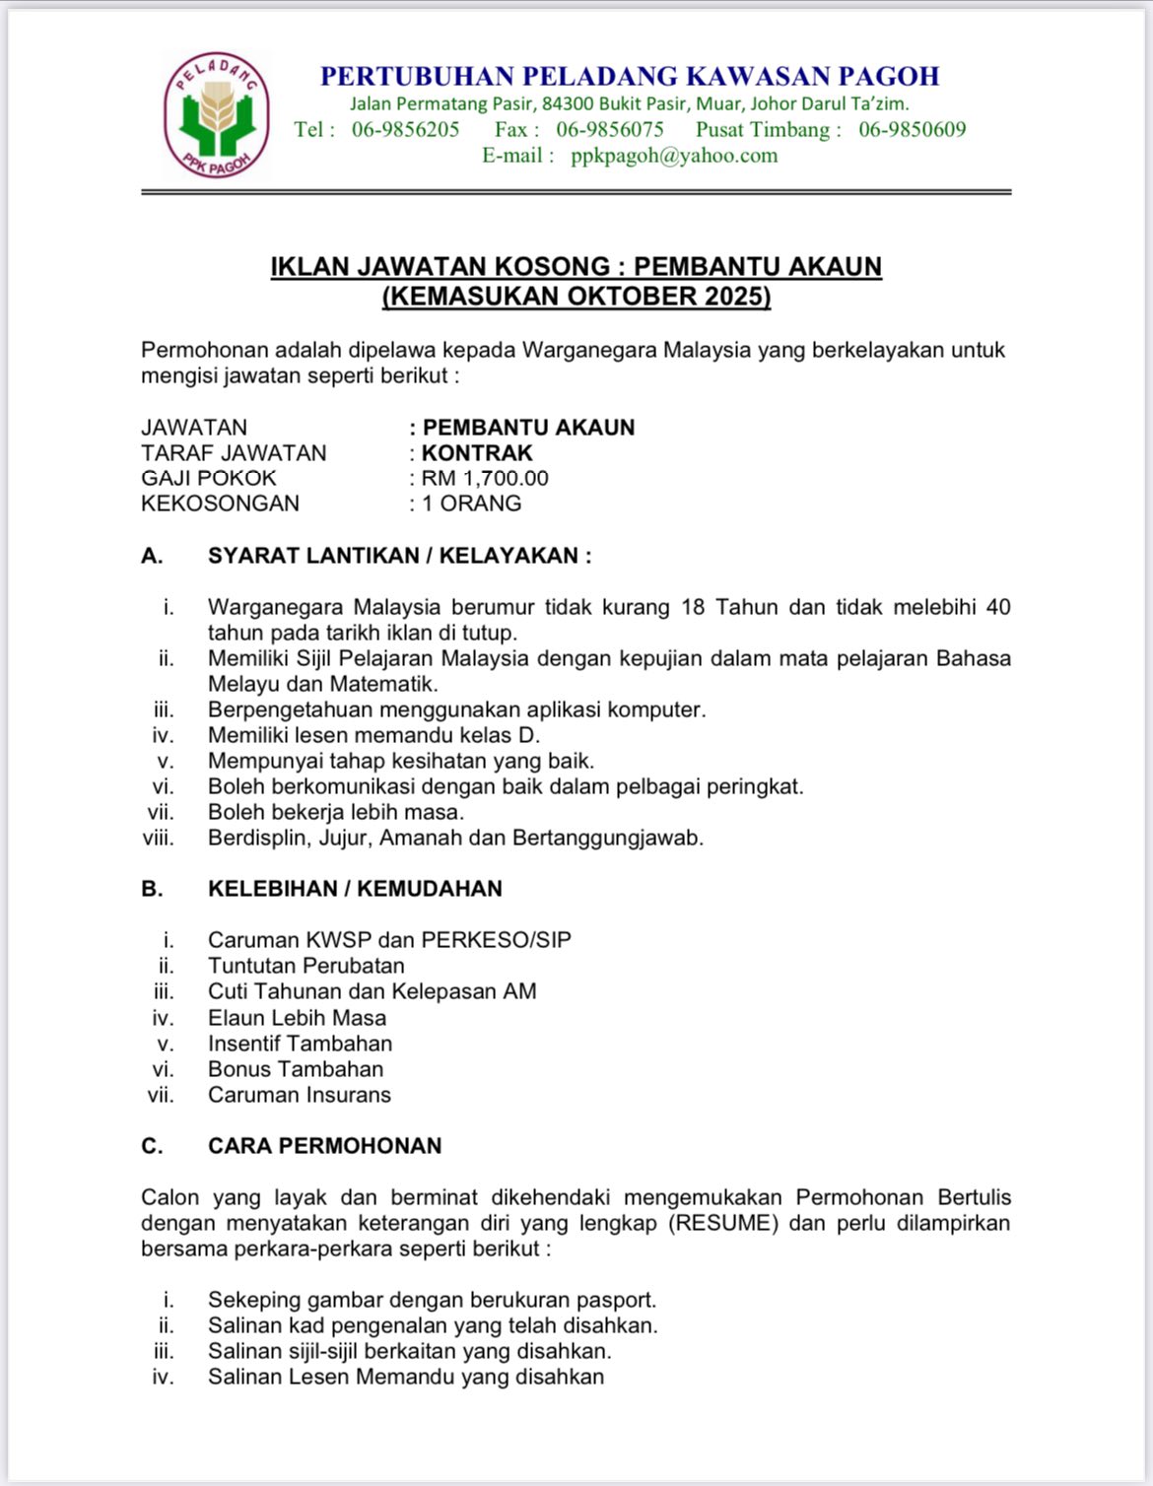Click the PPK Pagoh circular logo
[216, 115]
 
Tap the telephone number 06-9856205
[405, 130]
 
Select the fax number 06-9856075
[610, 130]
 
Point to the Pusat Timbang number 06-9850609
[912, 130]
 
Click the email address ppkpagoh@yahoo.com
[674, 156]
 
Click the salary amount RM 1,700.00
[485, 479]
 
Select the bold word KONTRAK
[477, 453]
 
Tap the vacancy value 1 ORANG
[472, 504]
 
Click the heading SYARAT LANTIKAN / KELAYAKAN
[399, 556]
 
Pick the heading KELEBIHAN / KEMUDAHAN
[355, 889]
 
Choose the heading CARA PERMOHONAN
[324, 1146]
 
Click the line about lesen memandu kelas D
[373, 735]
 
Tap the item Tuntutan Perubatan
[305, 966]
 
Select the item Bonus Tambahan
[296, 1069]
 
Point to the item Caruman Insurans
[299, 1095]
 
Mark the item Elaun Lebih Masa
[297, 1018]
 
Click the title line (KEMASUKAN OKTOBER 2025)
[576, 297]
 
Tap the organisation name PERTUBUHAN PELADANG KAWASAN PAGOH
[630, 77]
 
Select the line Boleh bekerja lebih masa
[335, 812]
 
